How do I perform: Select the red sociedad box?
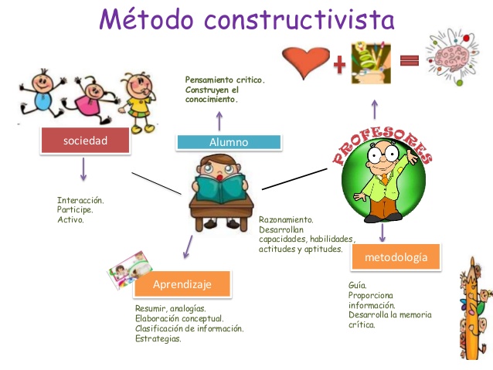tap(84, 141)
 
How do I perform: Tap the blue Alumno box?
tap(228, 142)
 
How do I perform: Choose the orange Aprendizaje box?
tap(182, 284)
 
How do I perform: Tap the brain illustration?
tap(456, 59)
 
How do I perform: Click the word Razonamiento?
tap(286, 220)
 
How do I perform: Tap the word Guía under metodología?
tap(356, 285)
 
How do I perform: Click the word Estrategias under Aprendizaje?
tap(158, 338)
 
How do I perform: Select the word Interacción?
tap(80, 201)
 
